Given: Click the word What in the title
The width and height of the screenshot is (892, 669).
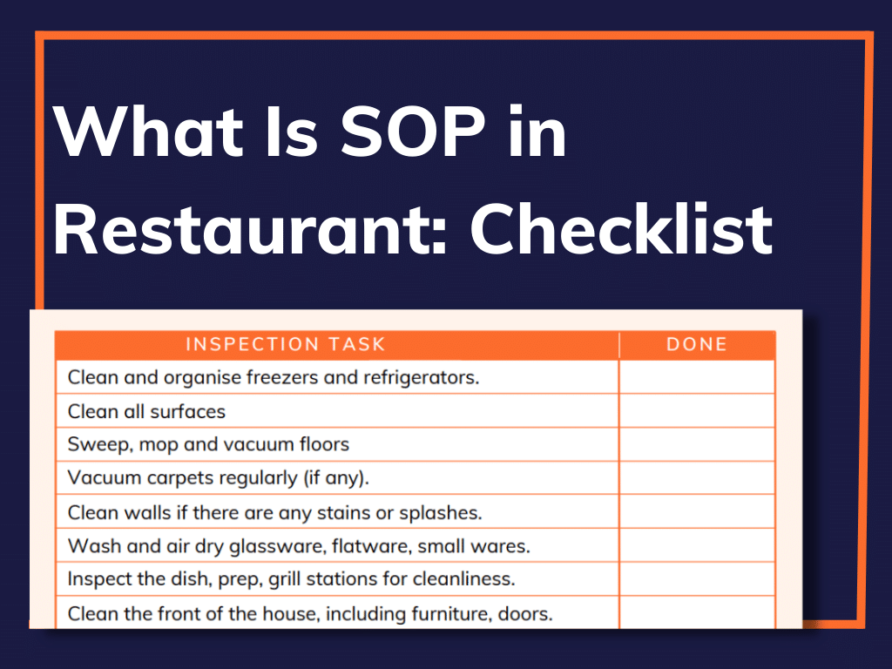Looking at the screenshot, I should [148, 132].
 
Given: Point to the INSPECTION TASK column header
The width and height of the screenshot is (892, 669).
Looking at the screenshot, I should [285, 344].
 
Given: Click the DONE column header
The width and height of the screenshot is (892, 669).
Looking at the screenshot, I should [696, 344].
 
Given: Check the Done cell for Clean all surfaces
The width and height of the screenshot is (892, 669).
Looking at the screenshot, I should [697, 411].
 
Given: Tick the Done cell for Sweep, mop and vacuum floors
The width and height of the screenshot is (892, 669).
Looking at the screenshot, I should [697, 444].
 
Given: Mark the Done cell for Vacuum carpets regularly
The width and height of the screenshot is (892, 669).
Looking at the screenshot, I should [697, 478].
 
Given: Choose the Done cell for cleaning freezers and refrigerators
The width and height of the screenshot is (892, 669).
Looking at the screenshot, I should [697, 377].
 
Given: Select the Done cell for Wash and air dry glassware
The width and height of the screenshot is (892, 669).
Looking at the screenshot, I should [697, 546].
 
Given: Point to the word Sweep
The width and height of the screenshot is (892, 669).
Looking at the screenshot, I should [92, 444].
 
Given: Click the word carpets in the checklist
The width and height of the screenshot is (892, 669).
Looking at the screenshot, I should [180, 478].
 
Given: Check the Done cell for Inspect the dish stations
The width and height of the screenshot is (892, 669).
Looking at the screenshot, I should [697, 579].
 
